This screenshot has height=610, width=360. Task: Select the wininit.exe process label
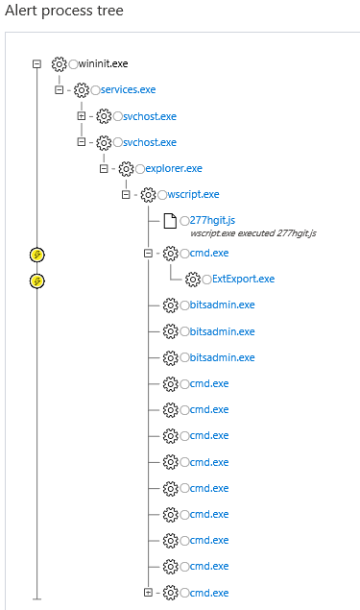coord(104,63)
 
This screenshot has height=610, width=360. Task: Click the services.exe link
coord(128,89)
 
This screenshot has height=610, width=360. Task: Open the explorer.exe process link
coord(173,168)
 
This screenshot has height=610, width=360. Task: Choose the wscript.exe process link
coord(193,195)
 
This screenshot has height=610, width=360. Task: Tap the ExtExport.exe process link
coord(243,279)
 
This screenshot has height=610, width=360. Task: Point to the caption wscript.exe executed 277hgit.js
coord(253,233)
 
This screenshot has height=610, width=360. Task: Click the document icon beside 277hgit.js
coord(170,222)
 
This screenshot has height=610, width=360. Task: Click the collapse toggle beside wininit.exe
coord(36,63)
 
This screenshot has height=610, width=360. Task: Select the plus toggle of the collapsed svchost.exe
coord(82,116)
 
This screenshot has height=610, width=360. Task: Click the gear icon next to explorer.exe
coord(126,169)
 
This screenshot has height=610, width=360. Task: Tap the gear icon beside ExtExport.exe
coord(192,279)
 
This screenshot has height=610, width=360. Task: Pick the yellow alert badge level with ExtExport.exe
coord(36,281)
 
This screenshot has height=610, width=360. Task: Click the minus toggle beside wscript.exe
coord(126,195)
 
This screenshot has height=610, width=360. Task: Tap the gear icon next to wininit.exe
coord(59,64)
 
